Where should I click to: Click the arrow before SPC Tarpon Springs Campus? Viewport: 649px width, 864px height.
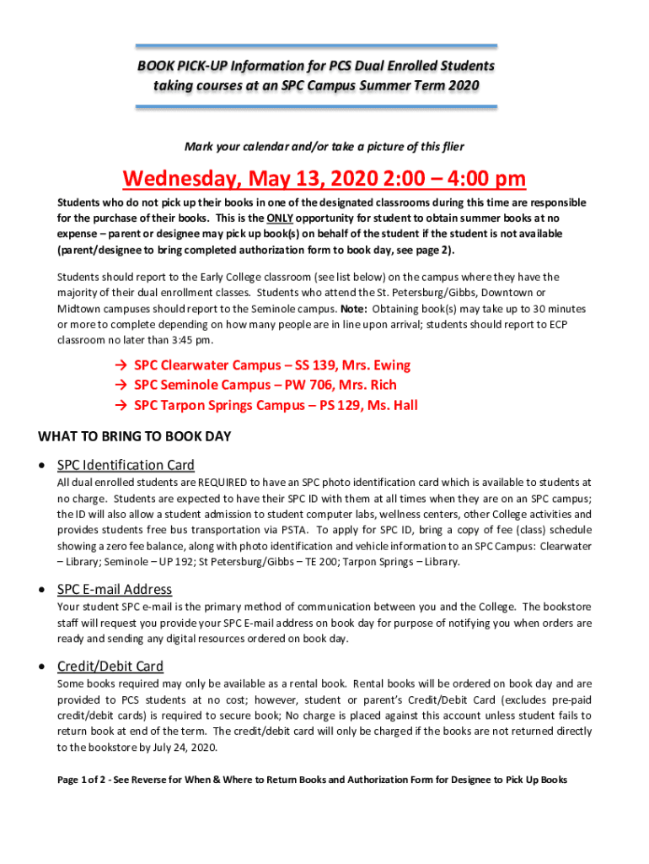[x=119, y=405]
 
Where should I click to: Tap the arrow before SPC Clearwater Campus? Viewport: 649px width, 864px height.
[x=119, y=365]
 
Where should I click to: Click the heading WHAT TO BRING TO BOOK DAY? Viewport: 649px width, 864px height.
[x=135, y=436]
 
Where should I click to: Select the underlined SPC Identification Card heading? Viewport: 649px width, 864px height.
[x=126, y=465]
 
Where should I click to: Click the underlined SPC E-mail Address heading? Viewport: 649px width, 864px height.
[x=114, y=589]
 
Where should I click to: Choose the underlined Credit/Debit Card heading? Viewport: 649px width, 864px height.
[x=110, y=666]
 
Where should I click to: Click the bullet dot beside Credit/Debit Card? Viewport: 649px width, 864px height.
[x=43, y=667]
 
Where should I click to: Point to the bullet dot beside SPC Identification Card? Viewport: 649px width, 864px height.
[x=43, y=466]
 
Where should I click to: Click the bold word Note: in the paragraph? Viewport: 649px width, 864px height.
[x=353, y=309]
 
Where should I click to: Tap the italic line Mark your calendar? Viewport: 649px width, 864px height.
[x=324, y=146]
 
